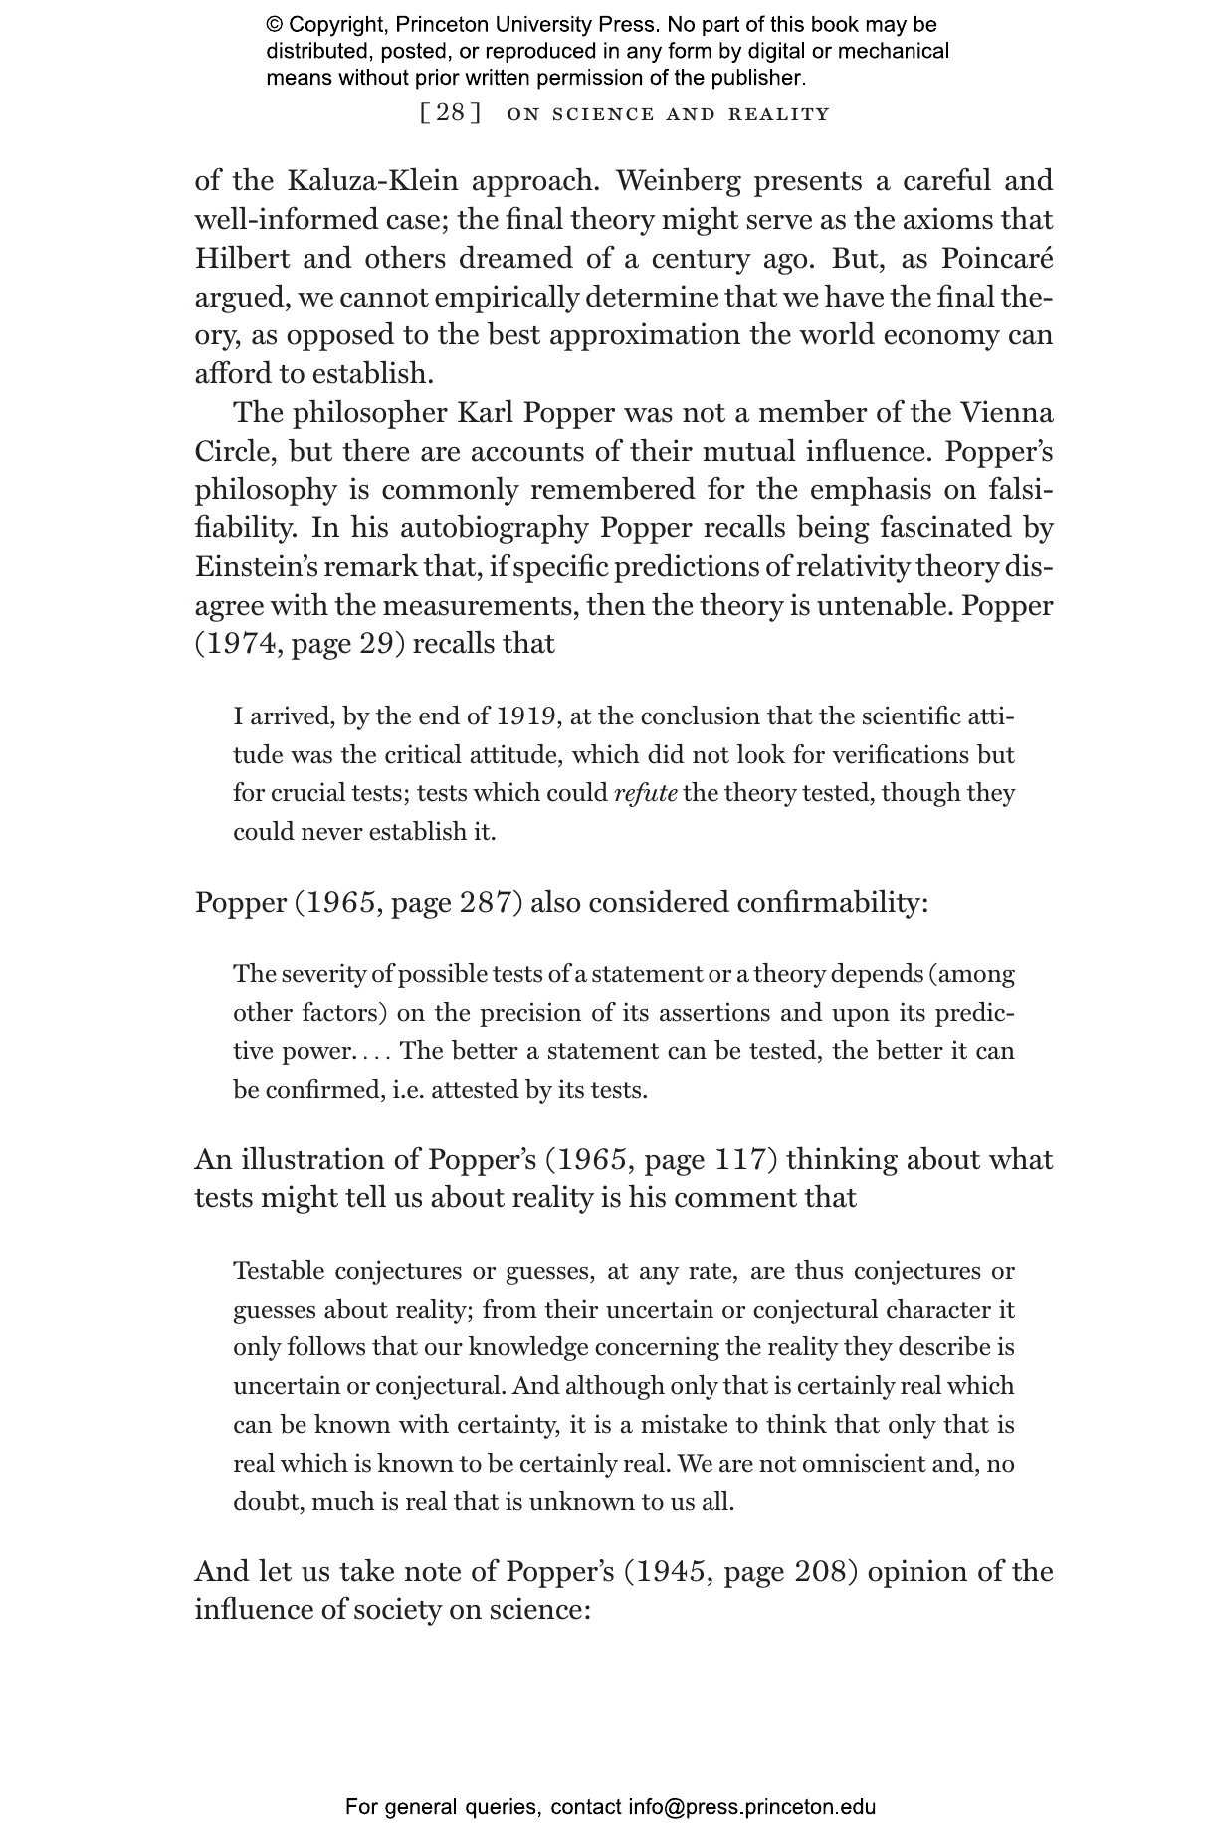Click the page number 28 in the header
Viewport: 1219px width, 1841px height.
(451, 113)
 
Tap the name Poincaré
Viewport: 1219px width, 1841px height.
(996, 259)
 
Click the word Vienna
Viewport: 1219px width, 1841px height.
(1005, 413)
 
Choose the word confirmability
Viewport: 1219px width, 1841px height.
(832, 903)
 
